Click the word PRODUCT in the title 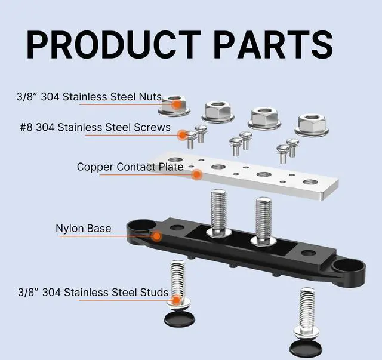click(113, 44)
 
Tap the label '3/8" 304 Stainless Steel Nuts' click(90, 96)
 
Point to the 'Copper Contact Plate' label click(130, 167)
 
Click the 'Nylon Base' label click(83, 229)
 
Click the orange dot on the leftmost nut click(176, 104)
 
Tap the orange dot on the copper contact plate click(196, 175)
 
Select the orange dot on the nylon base click(156, 236)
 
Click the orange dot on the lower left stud click(177, 300)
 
